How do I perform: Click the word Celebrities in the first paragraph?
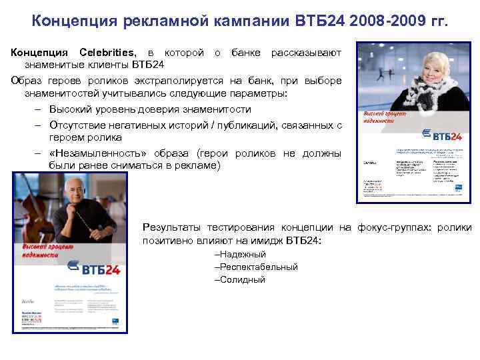108,53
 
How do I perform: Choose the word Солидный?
240,279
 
